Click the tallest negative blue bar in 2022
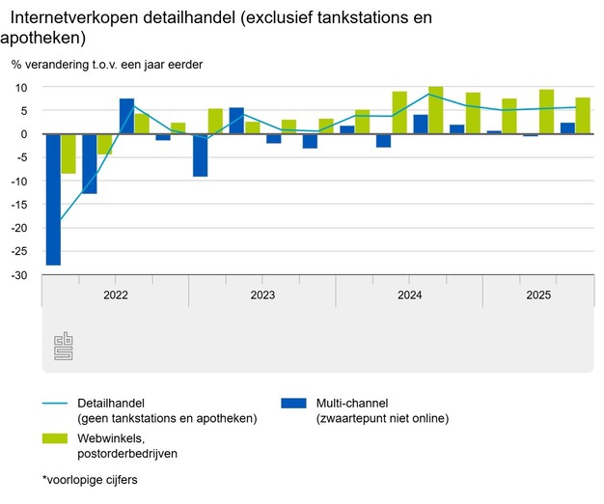[53, 199]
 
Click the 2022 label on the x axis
[115, 294]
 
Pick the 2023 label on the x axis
[261, 294]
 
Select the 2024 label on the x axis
[409, 294]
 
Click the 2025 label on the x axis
[537, 294]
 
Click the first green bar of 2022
[69, 154]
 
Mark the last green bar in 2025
[583, 116]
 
